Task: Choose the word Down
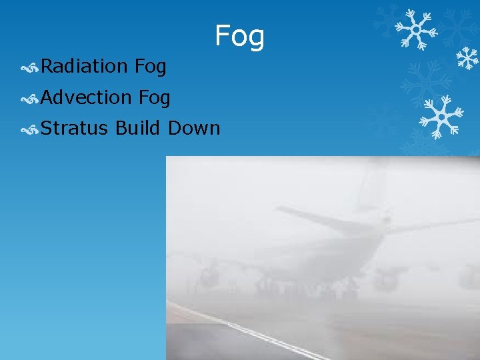coord(194,127)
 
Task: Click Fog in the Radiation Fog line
coord(150,66)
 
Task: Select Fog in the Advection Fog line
coord(155,97)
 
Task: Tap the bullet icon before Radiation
coord(29,67)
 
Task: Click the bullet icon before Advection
coord(29,98)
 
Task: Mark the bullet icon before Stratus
coord(29,128)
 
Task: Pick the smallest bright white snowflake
coord(467,59)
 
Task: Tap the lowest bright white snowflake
coord(440,116)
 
